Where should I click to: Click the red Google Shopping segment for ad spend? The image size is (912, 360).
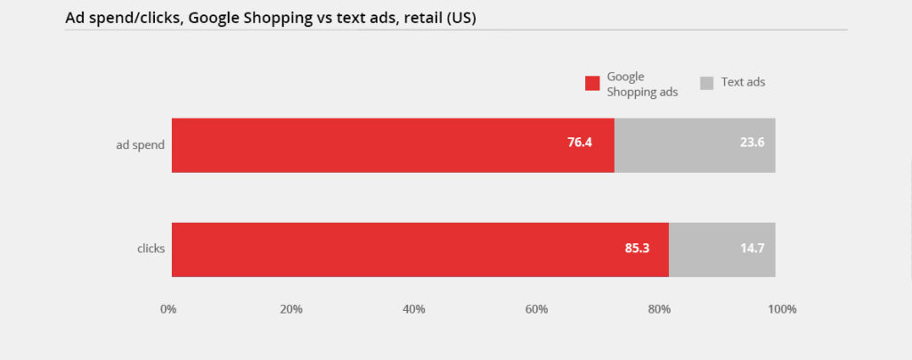click(392, 145)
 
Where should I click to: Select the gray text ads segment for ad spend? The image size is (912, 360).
click(695, 145)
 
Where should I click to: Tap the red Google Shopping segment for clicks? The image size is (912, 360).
click(419, 250)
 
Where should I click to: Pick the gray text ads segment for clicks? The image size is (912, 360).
click(721, 250)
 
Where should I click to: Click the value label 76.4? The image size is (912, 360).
click(580, 143)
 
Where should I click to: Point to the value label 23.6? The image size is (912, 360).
click(752, 143)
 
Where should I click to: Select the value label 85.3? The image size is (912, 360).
click(637, 248)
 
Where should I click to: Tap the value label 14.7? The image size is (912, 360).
click(752, 248)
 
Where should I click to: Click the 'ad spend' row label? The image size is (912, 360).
click(140, 144)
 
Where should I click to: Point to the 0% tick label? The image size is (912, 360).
click(168, 309)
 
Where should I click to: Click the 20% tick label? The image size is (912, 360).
click(291, 309)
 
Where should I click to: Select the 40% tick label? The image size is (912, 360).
click(414, 309)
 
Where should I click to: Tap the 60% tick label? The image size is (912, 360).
click(536, 309)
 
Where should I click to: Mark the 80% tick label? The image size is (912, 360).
click(659, 309)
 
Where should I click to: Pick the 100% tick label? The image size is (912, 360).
click(782, 309)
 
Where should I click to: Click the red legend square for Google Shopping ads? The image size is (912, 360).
click(592, 84)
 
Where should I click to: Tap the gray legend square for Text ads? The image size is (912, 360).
click(707, 83)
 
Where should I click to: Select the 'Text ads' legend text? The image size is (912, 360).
click(743, 82)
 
